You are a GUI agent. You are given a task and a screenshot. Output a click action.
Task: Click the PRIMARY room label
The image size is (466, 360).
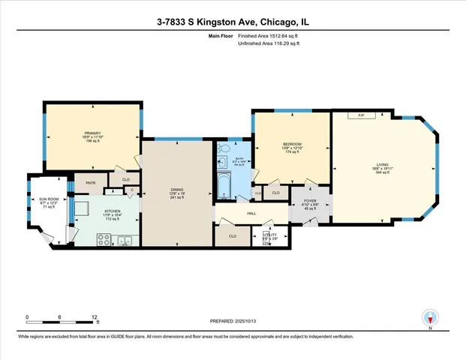pyautogui.click(x=92, y=134)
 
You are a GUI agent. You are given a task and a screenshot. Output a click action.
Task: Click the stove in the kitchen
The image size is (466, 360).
pyautogui.click(x=105, y=240)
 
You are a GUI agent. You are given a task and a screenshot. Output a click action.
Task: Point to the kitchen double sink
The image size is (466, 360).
pyautogui.click(x=125, y=240)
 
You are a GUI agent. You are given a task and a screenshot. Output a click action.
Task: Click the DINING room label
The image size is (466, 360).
pyautogui.click(x=177, y=190)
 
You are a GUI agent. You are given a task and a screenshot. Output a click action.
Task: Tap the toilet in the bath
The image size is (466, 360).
pyautogui.click(x=223, y=162)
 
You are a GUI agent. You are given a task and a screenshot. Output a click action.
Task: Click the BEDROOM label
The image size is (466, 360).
pyautogui.click(x=291, y=144)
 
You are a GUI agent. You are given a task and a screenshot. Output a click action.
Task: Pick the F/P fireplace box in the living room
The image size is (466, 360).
pyautogui.click(x=361, y=115)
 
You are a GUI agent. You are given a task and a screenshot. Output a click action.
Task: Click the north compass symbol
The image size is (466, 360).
pyautogui.click(x=430, y=317)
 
